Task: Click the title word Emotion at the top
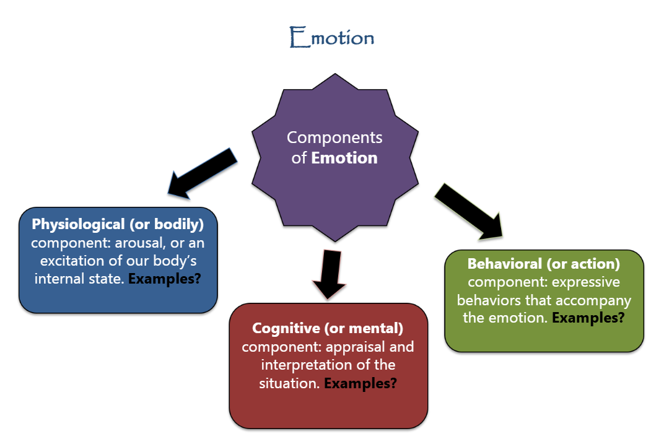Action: point(332,37)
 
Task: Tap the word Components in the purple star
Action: point(334,137)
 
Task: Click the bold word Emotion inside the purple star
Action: point(344,158)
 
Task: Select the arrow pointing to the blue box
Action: point(202,173)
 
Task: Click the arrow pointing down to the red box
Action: point(330,274)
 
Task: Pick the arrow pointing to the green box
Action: point(469,212)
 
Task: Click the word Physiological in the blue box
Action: point(79,225)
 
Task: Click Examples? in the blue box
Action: point(164,279)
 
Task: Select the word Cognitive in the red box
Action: point(286,328)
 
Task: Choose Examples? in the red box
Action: point(360,383)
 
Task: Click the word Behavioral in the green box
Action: point(504,264)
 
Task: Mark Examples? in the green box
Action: point(588,318)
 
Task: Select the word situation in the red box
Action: point(289,383)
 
